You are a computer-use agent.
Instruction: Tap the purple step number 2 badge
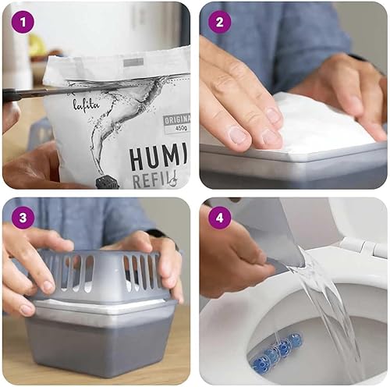[218, 22]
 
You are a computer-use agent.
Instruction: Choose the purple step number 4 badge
[218, 217]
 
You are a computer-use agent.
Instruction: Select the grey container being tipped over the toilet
[269, 234]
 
